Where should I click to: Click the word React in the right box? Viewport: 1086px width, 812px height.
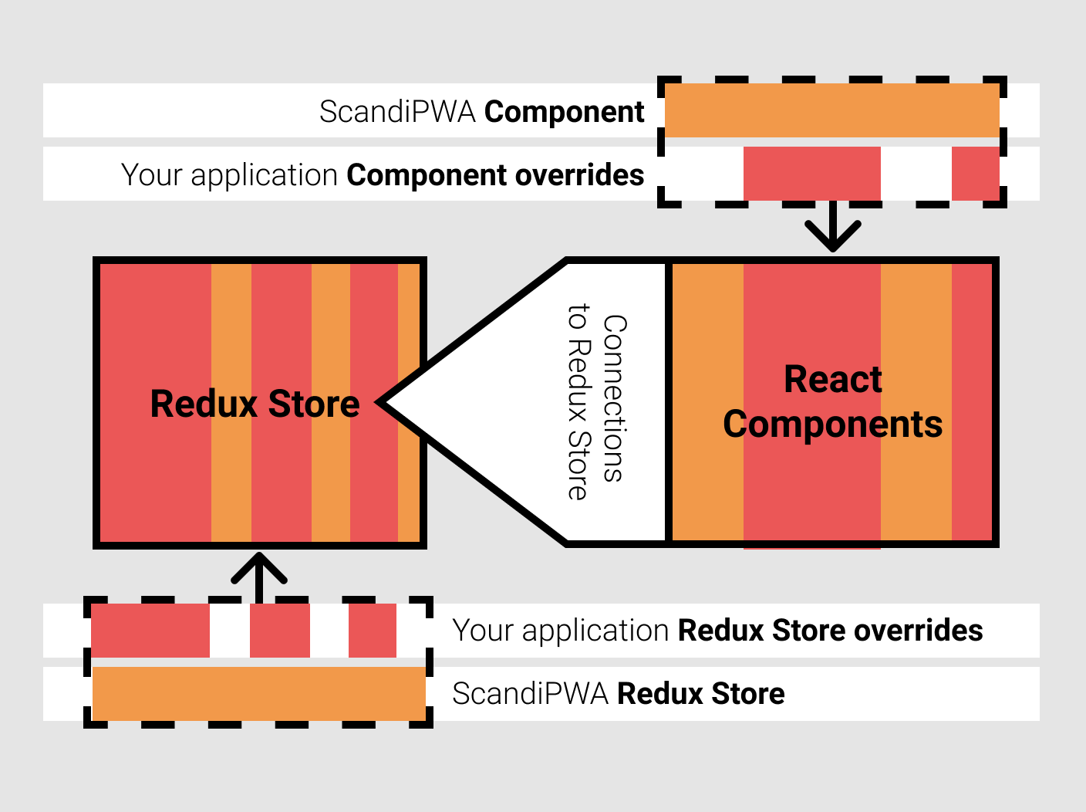point(833,380)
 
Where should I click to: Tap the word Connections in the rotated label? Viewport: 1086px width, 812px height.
point(615,398)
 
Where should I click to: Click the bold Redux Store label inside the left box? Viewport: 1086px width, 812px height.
point(255,404)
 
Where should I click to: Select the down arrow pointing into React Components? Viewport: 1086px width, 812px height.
point(833,232)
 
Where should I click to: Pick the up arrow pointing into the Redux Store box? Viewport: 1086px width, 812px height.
point(259,574)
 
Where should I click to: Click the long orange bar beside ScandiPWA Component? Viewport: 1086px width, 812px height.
point(831,111)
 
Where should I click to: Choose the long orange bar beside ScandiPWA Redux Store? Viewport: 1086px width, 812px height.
point(258,693)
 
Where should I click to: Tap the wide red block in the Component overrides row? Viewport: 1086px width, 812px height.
point(811,174)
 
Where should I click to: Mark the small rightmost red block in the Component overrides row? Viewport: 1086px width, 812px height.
point(975,174)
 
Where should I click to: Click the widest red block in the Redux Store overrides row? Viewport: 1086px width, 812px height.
point(150,631)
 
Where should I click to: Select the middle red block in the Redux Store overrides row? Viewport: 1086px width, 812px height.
point(280,631)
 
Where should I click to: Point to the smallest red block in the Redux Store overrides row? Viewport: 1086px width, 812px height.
point(373,631)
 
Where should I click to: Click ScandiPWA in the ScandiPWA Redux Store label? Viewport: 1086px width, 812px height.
point(531,694)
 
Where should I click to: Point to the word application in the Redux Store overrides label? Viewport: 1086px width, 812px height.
point(595,631)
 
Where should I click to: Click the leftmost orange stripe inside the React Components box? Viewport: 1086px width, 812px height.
point(708,401)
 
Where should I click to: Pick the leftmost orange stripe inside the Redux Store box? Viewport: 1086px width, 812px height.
point(231,401)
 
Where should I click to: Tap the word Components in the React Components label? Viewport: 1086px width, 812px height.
point(833,425)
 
